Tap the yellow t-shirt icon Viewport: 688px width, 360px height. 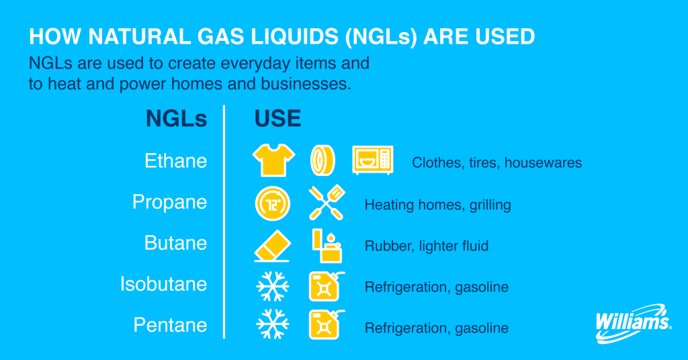pos(273,161)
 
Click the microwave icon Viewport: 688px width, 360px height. pos(373,161)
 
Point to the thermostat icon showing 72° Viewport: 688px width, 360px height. pos(273,203)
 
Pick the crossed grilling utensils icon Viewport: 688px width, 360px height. pos(327,203)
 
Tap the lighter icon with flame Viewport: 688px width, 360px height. pos(326,244)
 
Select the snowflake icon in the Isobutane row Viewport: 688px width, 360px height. pos(273,287)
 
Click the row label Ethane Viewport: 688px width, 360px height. pos(176,162)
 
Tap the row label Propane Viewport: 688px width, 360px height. pos(169,202)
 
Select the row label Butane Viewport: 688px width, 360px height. pos(175,243)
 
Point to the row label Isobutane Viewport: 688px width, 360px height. pos(163,285)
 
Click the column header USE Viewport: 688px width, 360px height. pos(277,119)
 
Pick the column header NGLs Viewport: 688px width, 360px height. pos(177,119)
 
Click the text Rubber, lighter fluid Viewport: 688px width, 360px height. pos(426,246)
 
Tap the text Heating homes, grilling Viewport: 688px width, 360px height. pos(437,205)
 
